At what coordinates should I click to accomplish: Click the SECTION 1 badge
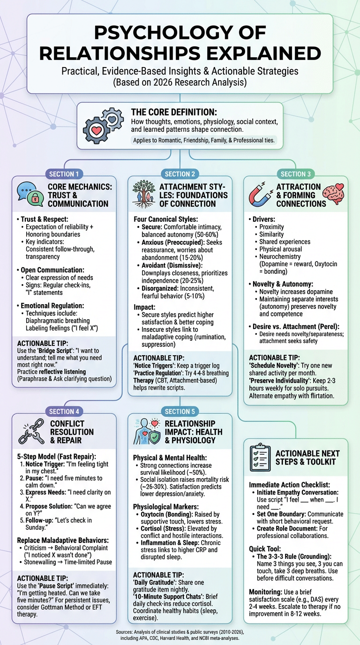point(64,174)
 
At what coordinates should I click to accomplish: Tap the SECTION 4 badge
point(64,412)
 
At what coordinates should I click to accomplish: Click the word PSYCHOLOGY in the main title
point(180,34)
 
